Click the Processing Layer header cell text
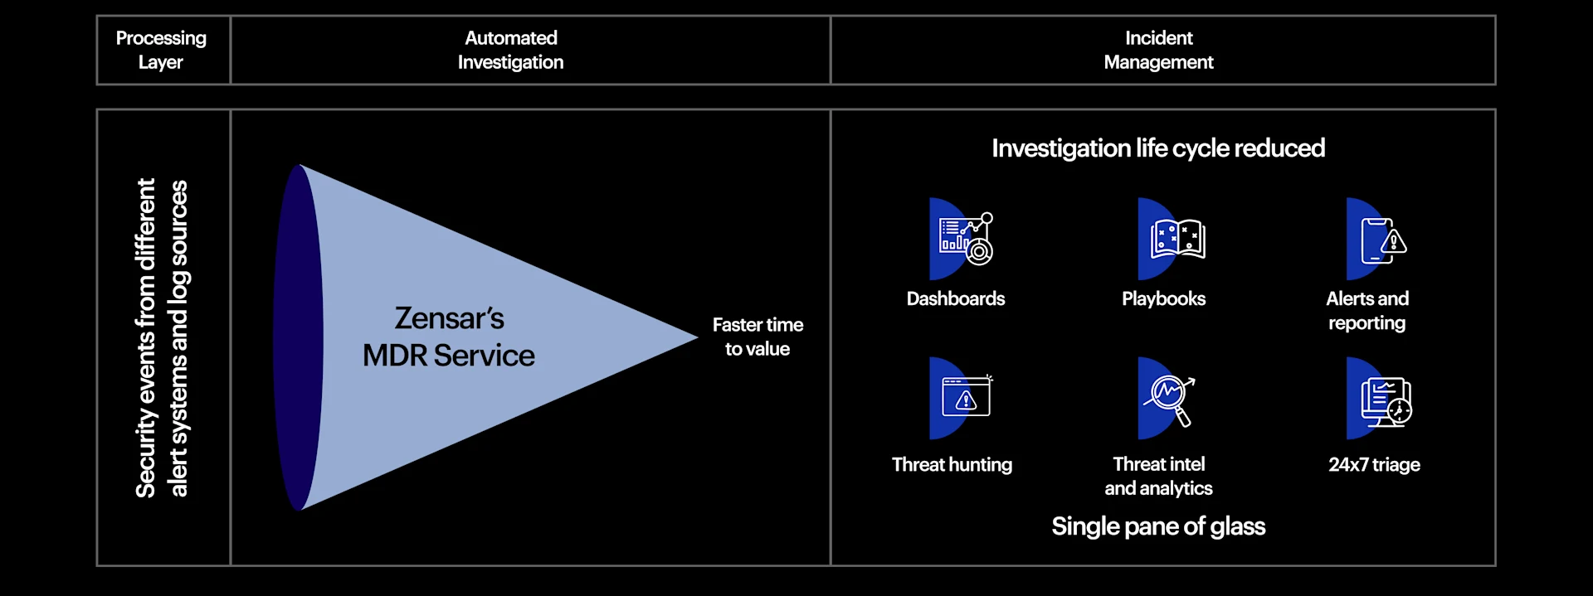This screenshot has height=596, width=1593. pos(161,50)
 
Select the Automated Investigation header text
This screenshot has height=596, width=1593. pos(510,50)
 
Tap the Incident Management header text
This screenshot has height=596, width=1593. pos(1158,50)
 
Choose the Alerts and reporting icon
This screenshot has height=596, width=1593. pos(1377,240)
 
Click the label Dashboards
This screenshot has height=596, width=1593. pos(955,298)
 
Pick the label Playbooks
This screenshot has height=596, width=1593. pos(1163,298)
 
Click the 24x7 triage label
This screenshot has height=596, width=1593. pos(1374,464)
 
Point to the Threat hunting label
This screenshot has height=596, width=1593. pos(952,464)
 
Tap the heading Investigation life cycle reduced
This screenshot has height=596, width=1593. pos(1158,148)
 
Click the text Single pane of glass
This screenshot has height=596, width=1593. pos(1158,526)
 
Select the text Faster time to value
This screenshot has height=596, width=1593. pos(758,337)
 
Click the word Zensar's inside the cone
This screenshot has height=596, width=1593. pos(449,318)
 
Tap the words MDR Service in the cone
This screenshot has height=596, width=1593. pos(449,356)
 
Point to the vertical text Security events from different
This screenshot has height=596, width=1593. pos(146,337)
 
